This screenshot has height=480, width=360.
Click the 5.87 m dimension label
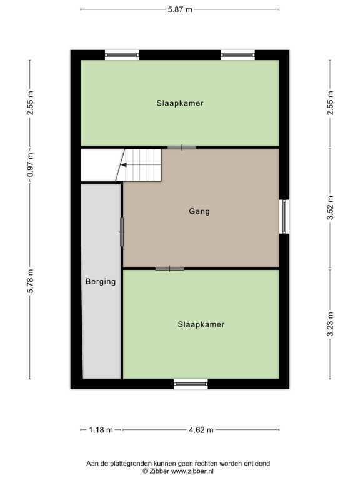[180, 9]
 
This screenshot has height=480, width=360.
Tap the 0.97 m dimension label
[30, 165]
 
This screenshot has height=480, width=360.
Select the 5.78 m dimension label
[30, 281]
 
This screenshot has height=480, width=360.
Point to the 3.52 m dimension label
[330, 208]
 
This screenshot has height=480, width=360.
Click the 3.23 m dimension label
[330, 324]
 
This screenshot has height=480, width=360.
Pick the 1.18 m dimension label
[101, 430]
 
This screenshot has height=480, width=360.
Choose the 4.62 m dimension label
[201, 430]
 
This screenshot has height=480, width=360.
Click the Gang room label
[199, 211]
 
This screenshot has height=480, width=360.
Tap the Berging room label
[101, 282]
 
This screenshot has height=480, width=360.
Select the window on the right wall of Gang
[284, 216]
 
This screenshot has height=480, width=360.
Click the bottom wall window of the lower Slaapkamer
[191, 384]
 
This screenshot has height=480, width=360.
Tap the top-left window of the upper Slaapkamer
[122, 55]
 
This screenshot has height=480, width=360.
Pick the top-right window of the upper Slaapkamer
[238, 55]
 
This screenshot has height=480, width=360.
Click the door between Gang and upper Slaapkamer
[181, 147]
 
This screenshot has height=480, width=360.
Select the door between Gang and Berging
[122, 232]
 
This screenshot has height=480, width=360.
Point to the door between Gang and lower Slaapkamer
[170, 269]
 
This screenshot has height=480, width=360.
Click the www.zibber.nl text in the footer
[192, 471]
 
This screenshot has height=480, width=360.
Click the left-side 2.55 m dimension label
[30, 103]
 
